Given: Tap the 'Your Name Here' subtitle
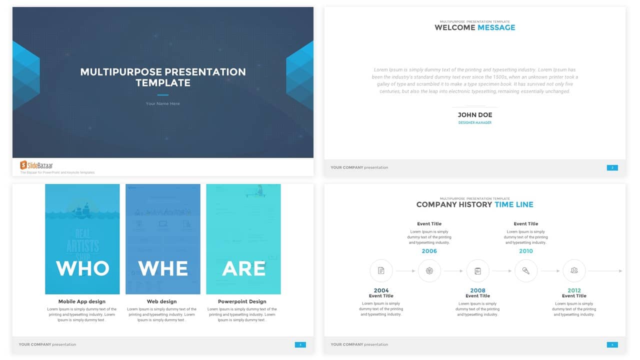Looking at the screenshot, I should click(x=163, y=103).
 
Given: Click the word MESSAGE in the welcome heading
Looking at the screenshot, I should click(x=496, y=27).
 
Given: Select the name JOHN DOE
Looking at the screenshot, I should click(x=475, y=115).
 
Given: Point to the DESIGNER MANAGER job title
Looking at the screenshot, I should click(x=475, y=122).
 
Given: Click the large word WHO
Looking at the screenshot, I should click(x=82, y=268).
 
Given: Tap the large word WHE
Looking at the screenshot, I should click(x=163, y=268).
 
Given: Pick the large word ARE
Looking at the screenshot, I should click(x=243, y=268).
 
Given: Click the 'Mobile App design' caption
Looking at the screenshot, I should click(x=82, y=301).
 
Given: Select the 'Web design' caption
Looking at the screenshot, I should click(x=162, y=301).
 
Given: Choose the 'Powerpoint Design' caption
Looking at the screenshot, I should click(x=242, y=301).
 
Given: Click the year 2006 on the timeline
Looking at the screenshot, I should click(x=429, y=251).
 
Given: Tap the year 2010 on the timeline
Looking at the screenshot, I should click(x=526, y=251).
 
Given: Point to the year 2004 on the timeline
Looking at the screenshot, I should click(x=381, y=290).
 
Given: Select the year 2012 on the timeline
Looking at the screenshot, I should click(x=574, y=290).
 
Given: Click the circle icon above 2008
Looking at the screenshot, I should click(x=477, y=271).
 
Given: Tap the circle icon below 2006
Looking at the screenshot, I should click(x=429, y=271).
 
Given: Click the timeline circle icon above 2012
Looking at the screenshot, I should click(x=574, y=271).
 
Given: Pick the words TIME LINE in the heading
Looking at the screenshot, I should click(x=514, y=204).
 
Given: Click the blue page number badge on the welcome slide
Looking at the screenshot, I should click(x=612, y=167).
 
